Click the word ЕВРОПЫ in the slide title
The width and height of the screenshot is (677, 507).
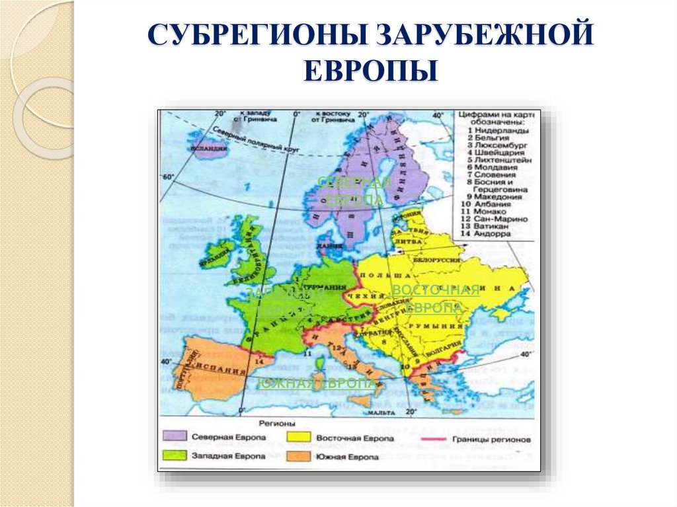click(x=371, y=69)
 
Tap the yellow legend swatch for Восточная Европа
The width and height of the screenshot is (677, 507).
click(x=299, y=438)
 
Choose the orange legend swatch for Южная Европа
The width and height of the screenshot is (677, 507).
click(x=299, y=456)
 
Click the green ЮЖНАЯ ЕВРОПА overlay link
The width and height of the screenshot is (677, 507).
click(x=317, y=384)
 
